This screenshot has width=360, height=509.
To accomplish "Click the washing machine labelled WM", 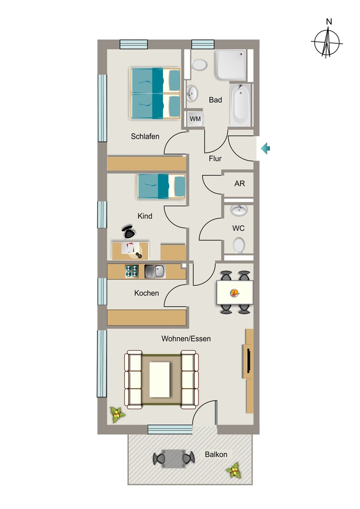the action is tap(195, 119).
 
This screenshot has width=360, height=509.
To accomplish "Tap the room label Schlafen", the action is tap(145, 136).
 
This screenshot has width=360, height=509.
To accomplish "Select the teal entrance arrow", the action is tap(266, 149).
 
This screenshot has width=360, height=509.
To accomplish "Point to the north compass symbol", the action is tap(327, 40).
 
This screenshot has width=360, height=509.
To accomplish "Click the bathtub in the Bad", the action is tap(241, 105).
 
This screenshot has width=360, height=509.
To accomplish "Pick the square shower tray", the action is tap(230, 65).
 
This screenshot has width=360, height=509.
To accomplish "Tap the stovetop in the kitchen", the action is tap(132, 271).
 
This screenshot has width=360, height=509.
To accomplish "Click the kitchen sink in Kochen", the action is tap(155, 271).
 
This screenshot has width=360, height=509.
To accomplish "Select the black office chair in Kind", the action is tap(129, 232).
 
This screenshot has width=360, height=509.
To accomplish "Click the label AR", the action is tap(240, 184).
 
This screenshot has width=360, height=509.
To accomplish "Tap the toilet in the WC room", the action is tap(239, 245).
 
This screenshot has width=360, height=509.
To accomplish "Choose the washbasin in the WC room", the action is tap(239, 210).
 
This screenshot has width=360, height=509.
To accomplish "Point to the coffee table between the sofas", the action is tap(160, 380).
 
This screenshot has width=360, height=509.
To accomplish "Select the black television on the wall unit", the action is tap(248, 361).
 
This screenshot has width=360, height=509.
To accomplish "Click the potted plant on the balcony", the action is tap(234, 470).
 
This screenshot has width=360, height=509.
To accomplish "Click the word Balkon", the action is tap(216, 454).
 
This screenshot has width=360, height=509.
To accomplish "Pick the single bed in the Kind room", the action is tap(161, 186).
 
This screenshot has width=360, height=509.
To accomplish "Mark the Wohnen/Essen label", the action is tap(186, 339).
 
